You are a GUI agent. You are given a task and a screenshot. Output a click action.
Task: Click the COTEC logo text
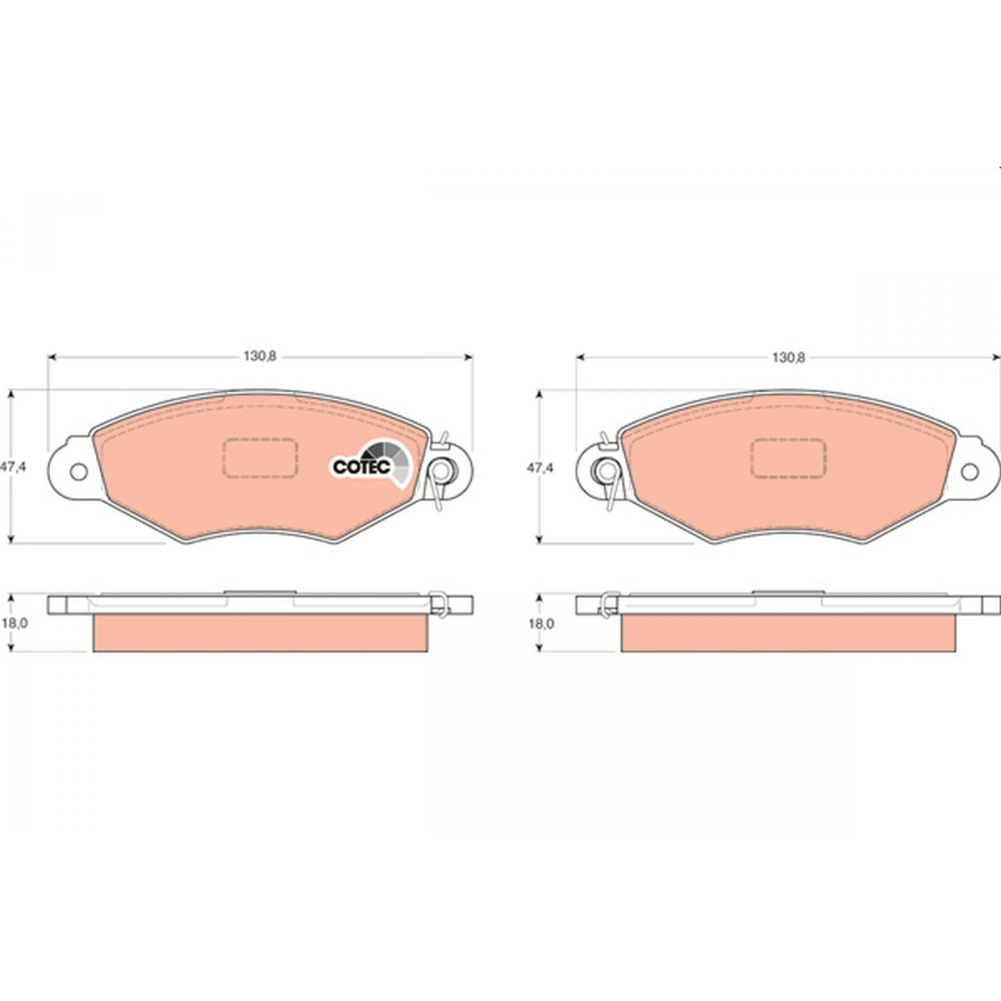pos(361,466)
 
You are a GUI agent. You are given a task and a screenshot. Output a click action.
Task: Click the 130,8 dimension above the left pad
pos(260,357)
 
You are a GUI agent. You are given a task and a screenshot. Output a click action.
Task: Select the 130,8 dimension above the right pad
pos(788,357)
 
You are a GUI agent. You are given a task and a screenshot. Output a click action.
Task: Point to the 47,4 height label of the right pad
pos(540,468)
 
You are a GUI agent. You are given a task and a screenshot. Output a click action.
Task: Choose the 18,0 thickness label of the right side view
pos(542,624)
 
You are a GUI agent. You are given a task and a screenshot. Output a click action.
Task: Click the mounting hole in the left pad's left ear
pos(79,472)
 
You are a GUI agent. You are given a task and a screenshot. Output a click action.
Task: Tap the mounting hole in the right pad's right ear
pos(970,472)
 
